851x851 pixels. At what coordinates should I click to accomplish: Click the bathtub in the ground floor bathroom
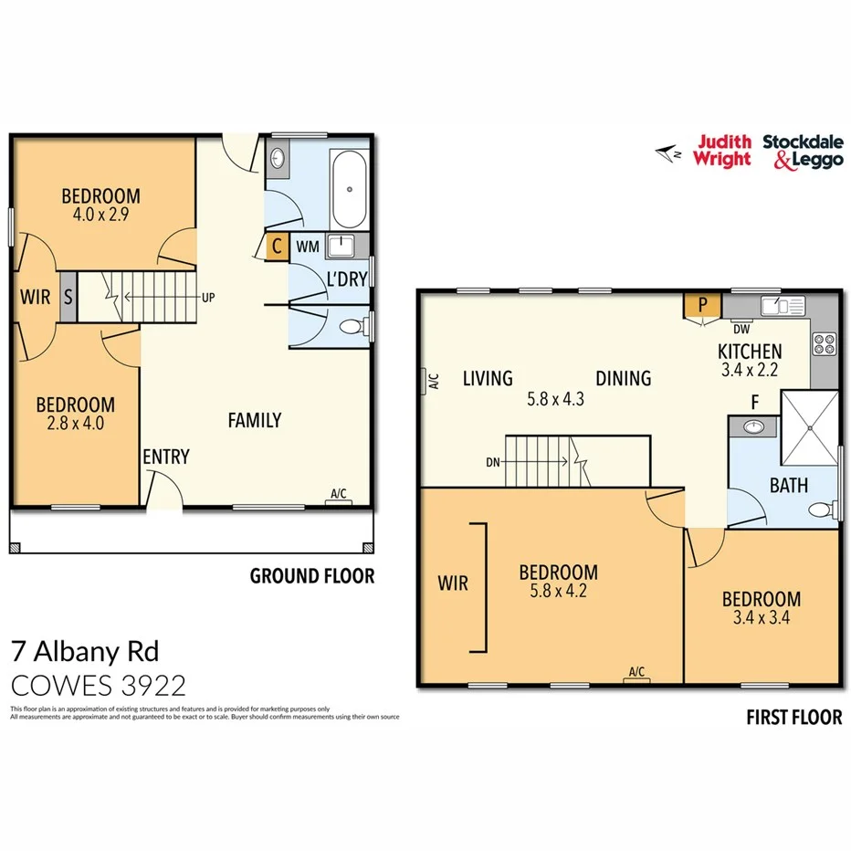click(x=349, y=190)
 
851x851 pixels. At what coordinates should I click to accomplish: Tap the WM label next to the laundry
click(x=307, y=247)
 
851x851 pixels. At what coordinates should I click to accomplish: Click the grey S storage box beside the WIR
click(x=68, y=298)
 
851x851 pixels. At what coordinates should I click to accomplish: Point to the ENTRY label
click(x=165, y=457)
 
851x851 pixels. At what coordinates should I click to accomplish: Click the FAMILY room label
click(x=254, y=420)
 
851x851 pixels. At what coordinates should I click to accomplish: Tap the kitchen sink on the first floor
click(x=786, y=304)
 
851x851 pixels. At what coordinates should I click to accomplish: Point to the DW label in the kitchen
click(x=741, y=329)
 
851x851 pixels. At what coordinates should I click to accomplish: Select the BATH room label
click(x=788, y=485)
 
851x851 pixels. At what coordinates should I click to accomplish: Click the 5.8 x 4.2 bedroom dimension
click(x=558, y=592)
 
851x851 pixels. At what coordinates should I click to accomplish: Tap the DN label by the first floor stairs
click(x=493, y=462)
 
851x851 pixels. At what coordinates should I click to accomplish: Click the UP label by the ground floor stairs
click(x=209, y=298)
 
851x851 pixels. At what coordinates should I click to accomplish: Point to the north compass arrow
click(x=668, y=153)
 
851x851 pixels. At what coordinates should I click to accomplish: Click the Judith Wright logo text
click(x=723, y=151)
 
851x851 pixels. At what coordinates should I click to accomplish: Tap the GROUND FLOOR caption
click(x=311, y=576)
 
